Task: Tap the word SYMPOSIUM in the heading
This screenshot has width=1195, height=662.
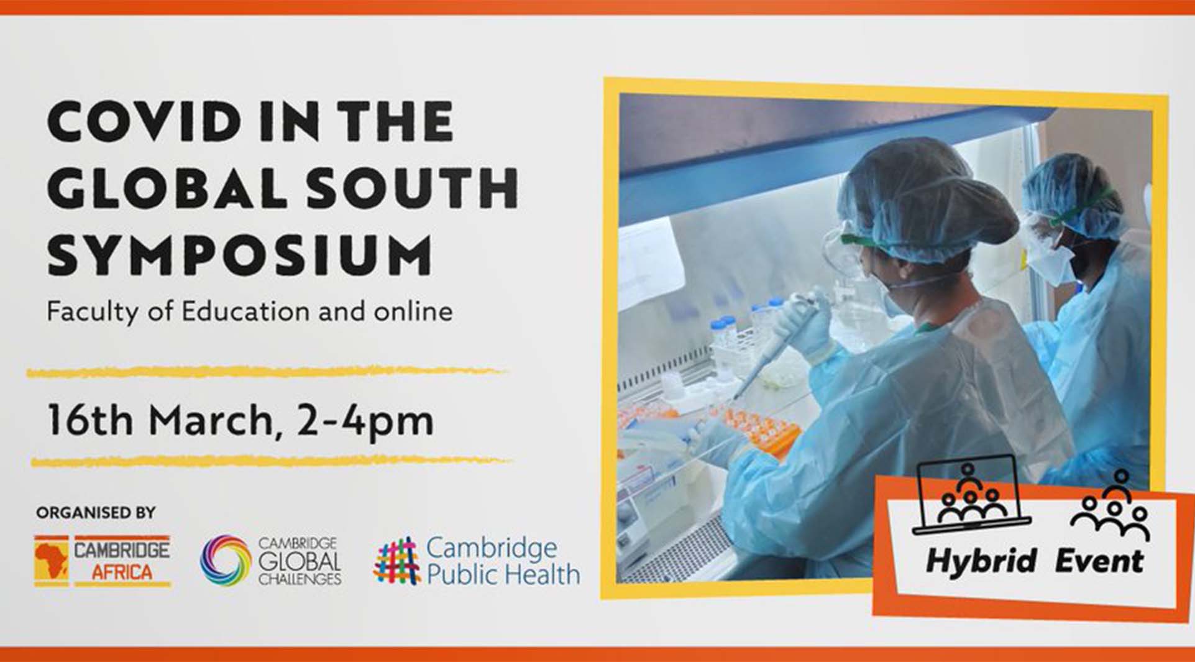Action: tap(240, 254)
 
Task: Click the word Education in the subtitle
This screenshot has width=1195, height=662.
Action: tap(245, 311)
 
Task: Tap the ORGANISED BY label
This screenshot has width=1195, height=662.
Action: tap(96, 513)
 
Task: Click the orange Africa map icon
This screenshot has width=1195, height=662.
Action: tap(52, 560)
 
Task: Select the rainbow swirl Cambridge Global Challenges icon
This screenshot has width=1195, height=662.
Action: tap(226, 560)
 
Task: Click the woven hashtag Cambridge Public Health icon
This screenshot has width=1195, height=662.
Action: tap(397, 561)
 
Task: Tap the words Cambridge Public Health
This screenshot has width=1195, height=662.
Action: tap(503, 561)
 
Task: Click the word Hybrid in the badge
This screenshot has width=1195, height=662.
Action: tap(980, 561)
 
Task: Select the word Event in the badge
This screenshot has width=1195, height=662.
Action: tap(1099, 560)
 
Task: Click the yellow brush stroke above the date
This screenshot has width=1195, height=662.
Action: tap(266, 372)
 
